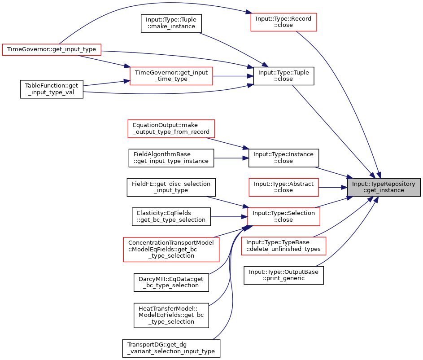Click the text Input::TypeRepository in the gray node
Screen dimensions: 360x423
pyautogui.click(x=384, y=184)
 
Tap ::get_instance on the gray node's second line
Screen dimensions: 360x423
pyautogui.click(x=384, y=190)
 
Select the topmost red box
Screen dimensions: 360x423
pyautogui.click(x=283, y=22)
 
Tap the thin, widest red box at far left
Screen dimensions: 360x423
pyautogui.click(x=51, y=50)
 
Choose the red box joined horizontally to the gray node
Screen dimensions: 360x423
pyautogui.click(x=283, y=187)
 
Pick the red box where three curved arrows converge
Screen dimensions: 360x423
pyautogui.click(x=283, y=217)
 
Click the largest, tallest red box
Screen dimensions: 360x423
pyautogui.click(x=171, y=250)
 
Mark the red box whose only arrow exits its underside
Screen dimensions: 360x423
pyautogui.click(x=171, y=129)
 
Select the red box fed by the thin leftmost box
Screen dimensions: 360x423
pyautogui.click(x=171, y=76)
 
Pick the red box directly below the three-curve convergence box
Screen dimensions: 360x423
pyautogui.click(x=283, y=246)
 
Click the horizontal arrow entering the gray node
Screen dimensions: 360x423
pyautogui.click(x=333, y=187)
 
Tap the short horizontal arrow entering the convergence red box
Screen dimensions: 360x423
pyautogui.click(x=229, y=217)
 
